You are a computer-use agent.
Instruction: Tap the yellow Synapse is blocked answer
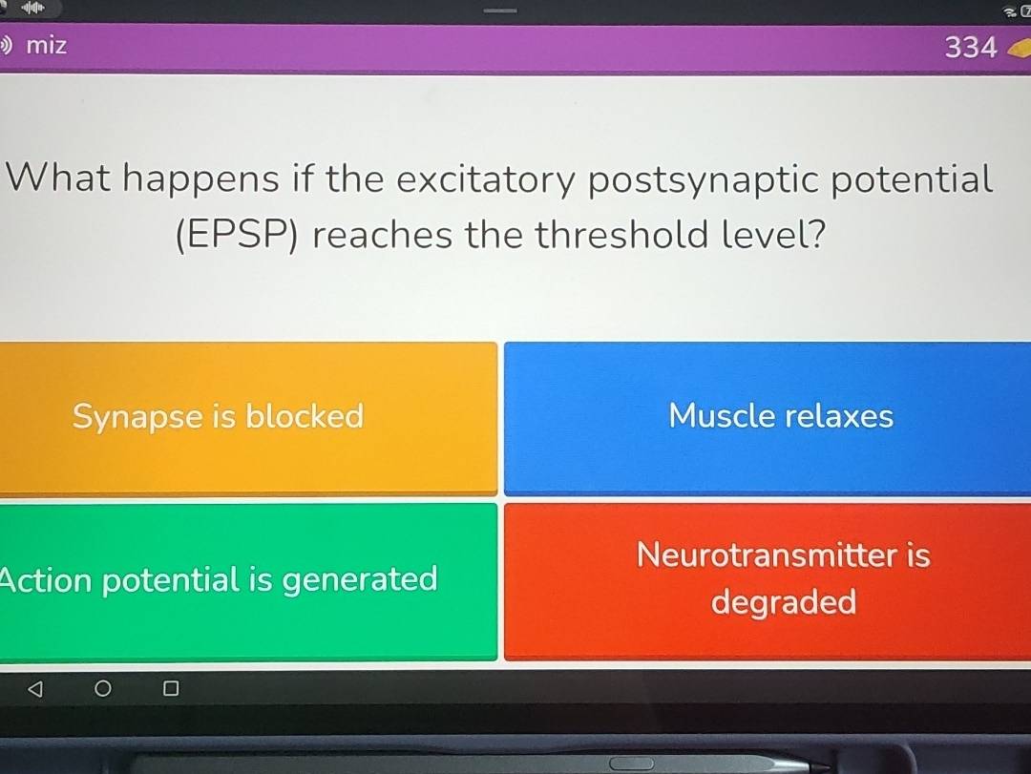pos(248,418)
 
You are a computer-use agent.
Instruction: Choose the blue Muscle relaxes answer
pos(768,418)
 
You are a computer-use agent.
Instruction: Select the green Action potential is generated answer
pos(248,581)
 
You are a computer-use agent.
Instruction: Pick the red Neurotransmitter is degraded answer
pos(768,581)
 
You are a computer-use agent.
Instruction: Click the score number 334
pos(971,48)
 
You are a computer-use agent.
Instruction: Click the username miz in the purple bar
pos(46,46)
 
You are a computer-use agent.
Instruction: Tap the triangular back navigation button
pos(35,688)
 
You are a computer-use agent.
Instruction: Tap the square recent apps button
pos(170,688)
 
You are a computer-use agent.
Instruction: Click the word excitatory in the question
pos(486,179)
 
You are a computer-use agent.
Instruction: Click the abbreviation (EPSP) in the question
pos(237,236)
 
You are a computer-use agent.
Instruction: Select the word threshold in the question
pos(621,235)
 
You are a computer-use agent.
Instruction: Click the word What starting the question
pos(58,178)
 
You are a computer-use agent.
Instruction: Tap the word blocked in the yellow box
pos(305,416)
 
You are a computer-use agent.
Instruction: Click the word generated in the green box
pos(360,580)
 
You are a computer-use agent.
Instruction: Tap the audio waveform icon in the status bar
pos(32,8)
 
